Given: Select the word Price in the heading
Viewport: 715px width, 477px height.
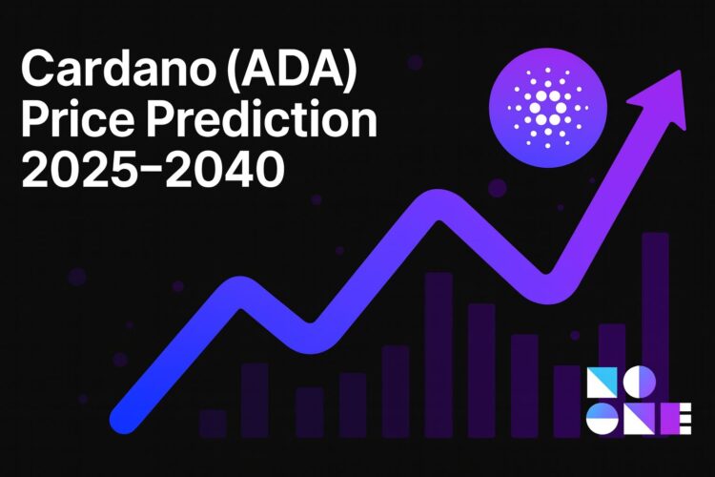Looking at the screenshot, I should click(x=83, y=122).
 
